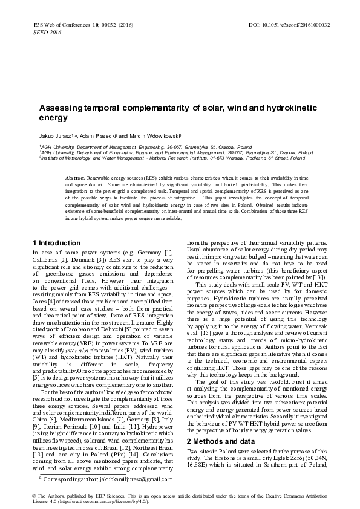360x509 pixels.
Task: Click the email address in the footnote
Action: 142,478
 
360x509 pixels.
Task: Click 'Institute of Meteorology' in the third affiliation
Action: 66,158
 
